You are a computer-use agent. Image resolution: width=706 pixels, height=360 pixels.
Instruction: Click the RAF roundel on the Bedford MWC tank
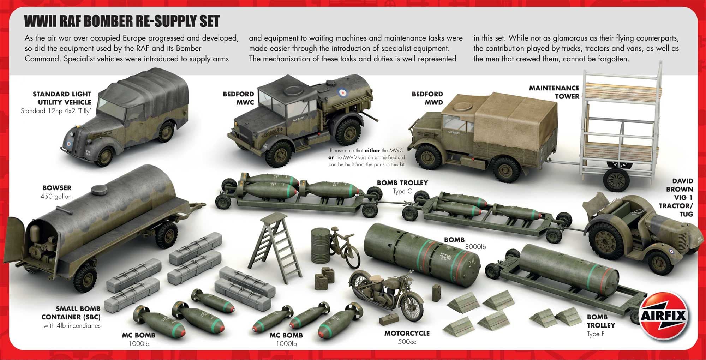tap(342, 92)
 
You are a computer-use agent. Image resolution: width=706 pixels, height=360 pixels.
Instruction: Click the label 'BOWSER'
tap(56, 188)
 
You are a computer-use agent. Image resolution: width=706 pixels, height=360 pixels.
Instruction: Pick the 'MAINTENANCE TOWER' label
tap(554, 92)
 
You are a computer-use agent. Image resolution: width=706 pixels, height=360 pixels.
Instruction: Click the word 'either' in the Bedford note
tap(372, 150)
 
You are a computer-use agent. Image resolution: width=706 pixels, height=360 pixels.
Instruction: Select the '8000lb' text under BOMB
tap(475, 247)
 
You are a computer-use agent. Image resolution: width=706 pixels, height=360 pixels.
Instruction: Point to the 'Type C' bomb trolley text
tap(402, 191)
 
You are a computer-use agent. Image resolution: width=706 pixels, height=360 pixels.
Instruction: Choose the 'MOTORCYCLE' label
tap(407, 333)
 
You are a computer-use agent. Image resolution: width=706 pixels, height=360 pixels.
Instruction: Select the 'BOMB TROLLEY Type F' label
tap(600, 325)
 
